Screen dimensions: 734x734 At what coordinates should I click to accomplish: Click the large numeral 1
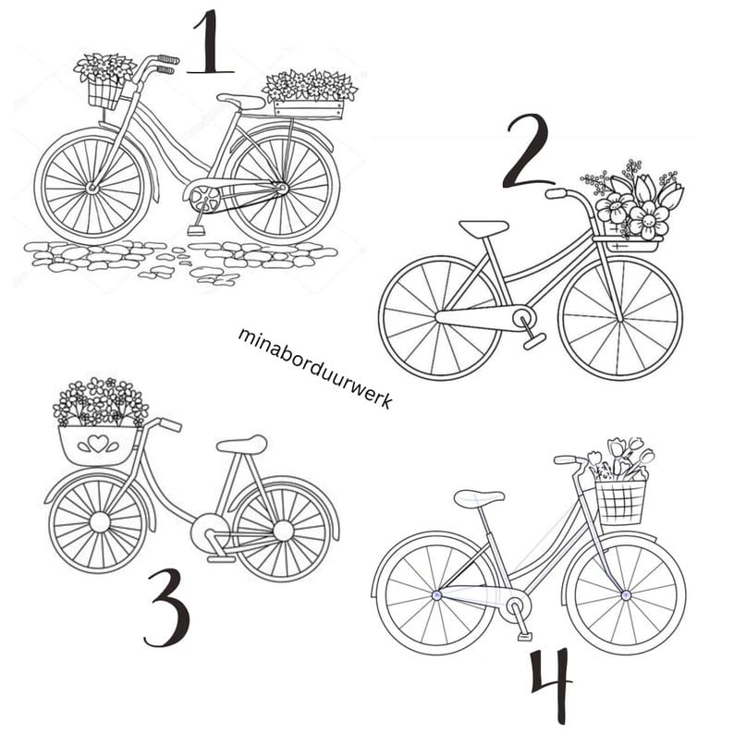click(210, 43)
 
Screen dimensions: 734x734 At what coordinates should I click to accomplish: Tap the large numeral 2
click(528, 153)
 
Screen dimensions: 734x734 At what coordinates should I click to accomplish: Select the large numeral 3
click(168, 608)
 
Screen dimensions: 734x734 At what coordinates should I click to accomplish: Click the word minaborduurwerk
click(315, 368)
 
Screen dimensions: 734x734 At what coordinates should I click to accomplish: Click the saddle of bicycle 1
click(240, 102)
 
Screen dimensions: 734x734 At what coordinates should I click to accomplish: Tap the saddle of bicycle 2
click(483, 228)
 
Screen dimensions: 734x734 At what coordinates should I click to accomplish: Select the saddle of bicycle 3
click(242, 445)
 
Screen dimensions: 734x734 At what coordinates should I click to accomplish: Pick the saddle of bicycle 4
click(479, 497)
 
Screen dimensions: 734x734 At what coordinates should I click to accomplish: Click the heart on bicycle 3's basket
click(98, 444)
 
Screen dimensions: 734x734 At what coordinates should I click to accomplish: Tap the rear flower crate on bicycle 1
click(309, 108)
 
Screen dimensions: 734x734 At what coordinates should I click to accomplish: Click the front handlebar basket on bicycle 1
click(104, 93)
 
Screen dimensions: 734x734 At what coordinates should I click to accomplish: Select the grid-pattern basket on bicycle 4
click(621, 501)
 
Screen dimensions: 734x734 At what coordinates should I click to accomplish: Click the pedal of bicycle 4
click(525, 636)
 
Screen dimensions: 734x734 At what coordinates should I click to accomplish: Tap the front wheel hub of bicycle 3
click(99, 522)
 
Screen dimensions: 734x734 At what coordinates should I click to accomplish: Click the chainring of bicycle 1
click(202, 197)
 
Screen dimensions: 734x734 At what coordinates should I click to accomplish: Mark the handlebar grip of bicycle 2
click(557, 193)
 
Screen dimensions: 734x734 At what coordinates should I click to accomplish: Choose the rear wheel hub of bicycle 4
click(436, 595)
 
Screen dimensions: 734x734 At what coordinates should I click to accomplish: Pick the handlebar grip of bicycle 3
click(170, 424)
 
